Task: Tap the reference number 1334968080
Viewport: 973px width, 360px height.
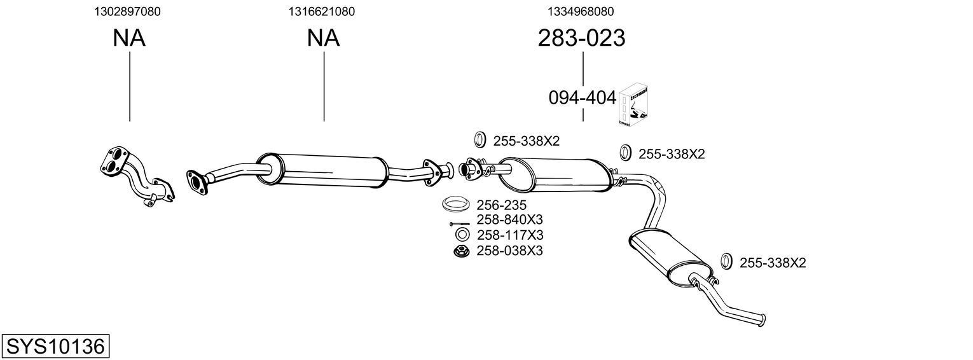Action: pyautogui.click(x=581, y=11)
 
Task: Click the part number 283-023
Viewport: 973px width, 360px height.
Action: pyautogui.click(x=581, y=39)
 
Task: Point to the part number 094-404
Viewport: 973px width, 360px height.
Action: pyautogui.click(x=582, y=98)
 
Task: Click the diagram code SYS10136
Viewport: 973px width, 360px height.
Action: pyautogui.click(x=55, y=347)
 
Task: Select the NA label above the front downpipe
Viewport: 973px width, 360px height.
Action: pyautogui.click(x=129, y=38)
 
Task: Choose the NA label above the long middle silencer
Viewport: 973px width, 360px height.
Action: pyautogui.click(x=323, y=38)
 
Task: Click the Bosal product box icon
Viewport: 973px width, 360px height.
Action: pyautogui.click(x=633, y=105)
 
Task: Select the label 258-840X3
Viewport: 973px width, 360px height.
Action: pyautogui.click(x=509, y=220)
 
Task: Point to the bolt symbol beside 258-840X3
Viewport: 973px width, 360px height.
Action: pyautogui.click(x=459, y=223)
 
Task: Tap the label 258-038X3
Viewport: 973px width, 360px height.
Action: pyautogui.click(x=509, y=251)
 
